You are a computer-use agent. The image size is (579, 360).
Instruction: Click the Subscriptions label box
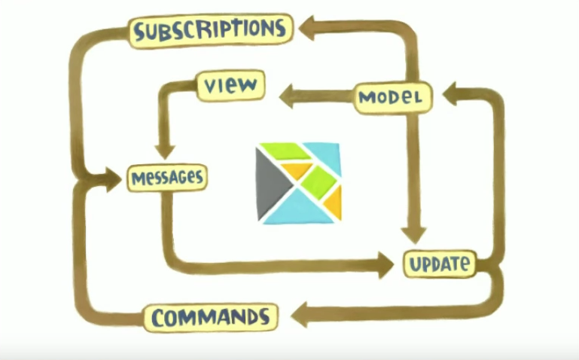(210, 29)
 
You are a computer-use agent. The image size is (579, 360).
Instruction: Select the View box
(231, 85)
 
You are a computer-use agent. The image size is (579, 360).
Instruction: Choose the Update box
(440, 264)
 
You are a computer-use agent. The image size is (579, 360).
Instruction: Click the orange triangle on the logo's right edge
(334, 203)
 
